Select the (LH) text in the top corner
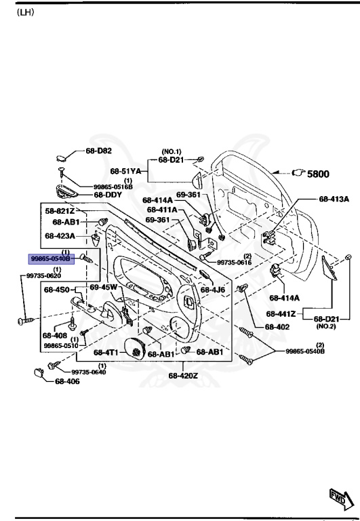point(25,12)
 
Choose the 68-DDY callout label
point(107,195)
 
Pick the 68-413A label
point(334,199)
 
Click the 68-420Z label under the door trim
point(183,375)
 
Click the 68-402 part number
point(277,326)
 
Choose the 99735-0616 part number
point(235,263)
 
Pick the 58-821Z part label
point(60,211)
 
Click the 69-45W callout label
point(104,288)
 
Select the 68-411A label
point(161,210)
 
